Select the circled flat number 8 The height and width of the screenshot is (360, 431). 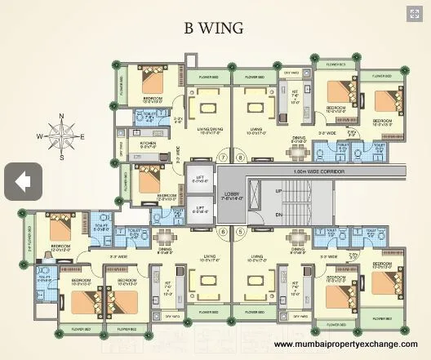coord(240,158)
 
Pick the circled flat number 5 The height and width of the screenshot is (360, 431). coord(240,231)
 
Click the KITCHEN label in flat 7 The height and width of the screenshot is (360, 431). coord(148,144)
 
